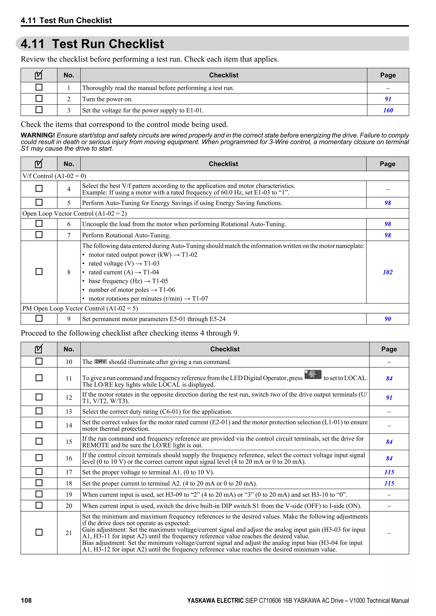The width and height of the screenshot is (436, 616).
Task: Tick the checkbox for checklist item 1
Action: tap(39, 87)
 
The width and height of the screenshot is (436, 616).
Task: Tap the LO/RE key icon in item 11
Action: tap(313, 375)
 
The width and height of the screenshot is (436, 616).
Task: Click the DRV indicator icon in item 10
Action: tap(100, 361)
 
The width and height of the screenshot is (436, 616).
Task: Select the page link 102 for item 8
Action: tap(387, 272)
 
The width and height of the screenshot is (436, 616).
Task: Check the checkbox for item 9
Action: tap(39, 318)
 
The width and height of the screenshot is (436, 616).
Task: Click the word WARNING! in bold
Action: tap(38, 135)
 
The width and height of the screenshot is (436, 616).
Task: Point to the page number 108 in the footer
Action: tap(26, 600)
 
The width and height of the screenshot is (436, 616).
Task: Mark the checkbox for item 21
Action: tap(39, 532)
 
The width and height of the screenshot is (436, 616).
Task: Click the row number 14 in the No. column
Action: tap(69, 425)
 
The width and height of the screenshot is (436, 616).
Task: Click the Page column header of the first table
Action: tap(388, 75)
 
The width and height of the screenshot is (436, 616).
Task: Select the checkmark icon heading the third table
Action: tap(39, 349)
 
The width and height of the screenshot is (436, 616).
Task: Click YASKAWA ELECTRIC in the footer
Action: tap(215, 600)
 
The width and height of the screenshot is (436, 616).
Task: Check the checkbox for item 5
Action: tap(39, 202)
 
